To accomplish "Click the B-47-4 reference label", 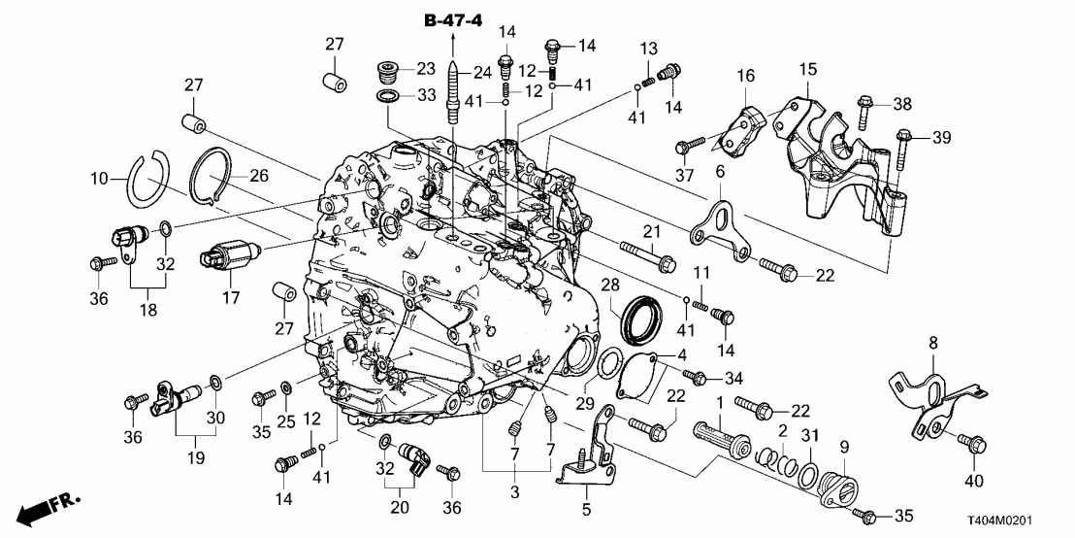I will pos(452,19).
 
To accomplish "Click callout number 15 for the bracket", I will pos(808,71).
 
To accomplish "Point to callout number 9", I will pos(843,447).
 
